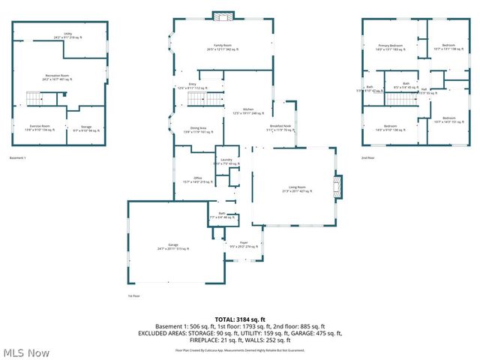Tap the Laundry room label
[x=226, y=161]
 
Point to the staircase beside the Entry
[x=196, y=99]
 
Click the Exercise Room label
[x=40, y=127]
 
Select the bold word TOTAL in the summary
[x=225, y=319]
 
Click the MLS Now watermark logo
[x=26, y=352]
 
